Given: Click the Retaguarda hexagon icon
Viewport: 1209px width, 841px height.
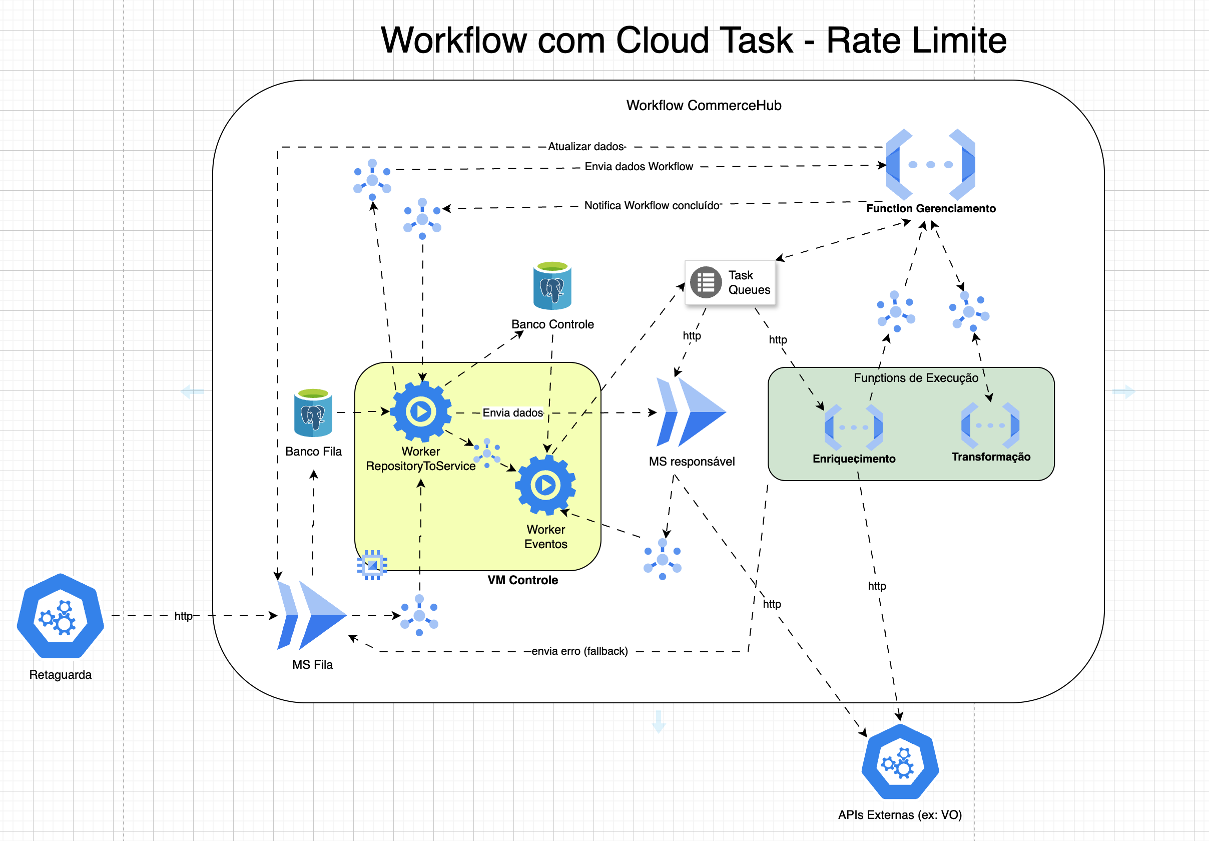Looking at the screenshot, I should pyautogui.click(x=60, y=616).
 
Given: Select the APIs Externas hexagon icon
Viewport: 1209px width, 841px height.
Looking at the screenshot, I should pyautogui.click(x=900, y=761).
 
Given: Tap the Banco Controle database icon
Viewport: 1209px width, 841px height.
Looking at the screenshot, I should pyautogui.click(x=552, y=285).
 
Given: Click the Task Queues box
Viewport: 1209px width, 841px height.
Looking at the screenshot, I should pyautogui.click(x=730, y=282).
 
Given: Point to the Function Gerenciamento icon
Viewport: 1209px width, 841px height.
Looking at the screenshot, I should pyautogui.click(x=930, y=164).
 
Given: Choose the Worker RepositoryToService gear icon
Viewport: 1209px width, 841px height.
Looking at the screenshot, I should pyautogui.click(x=420, y=411).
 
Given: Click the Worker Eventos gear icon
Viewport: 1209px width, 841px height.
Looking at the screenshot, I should pyautogui.click(x=545, y=485).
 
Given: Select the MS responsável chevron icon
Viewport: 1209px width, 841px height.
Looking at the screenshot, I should pyautogui.click(x=691, y=412).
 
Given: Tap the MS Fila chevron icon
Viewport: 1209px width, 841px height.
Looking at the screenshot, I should pyautogui.click(x=311, y=615).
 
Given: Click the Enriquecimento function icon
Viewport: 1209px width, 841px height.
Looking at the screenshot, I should pyautogui.click(x=854, y=427).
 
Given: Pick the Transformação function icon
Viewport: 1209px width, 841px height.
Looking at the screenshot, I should pyautogui.click(x=990, y=425).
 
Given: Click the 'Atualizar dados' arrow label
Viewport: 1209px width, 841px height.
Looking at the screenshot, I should pyautogui.click(x=586, y=146).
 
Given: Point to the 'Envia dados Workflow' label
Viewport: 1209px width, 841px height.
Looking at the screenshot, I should pyautogui.click(x=639, y=166).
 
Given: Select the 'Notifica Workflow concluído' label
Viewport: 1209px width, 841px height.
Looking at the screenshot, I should pyautogui.click(x=652, y=205).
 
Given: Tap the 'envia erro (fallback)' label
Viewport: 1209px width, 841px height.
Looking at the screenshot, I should pyautogui.click(x=579, y=651).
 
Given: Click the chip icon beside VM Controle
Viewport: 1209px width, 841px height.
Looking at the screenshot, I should pyautogui.click(x=372, y=565).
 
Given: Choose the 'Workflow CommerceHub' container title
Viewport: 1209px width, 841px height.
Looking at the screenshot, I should pyautogui.click(x=704, y=105).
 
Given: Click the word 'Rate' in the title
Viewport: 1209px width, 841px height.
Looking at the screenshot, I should pyautogui.click(x=863, y=41).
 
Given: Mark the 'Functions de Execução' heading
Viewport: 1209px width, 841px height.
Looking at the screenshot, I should pyautogui.click(x=916, y=377).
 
